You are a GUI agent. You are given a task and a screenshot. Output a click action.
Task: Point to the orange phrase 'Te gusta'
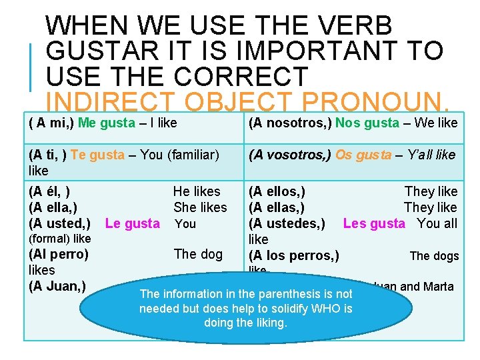point(97,155)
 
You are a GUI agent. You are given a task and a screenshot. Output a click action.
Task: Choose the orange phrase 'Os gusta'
point(363,155)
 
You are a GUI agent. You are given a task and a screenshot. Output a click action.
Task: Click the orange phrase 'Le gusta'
point(133,223)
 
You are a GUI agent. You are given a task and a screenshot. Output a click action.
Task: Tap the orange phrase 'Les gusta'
point(374,223)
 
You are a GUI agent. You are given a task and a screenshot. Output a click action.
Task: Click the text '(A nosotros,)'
point(290,123)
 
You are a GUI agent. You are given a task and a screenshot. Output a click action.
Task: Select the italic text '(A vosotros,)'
point(290,155)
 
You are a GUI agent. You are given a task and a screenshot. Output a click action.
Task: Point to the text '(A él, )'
point(49,191)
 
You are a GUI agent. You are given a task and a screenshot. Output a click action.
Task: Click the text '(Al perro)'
point(59,254)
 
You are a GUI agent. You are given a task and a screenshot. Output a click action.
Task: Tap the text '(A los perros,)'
point(294,255)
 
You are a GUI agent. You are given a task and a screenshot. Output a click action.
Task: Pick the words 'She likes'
point(200,207)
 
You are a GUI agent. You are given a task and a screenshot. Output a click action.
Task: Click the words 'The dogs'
point(434,256)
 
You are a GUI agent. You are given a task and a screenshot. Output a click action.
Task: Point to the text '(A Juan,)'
point(57,287)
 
